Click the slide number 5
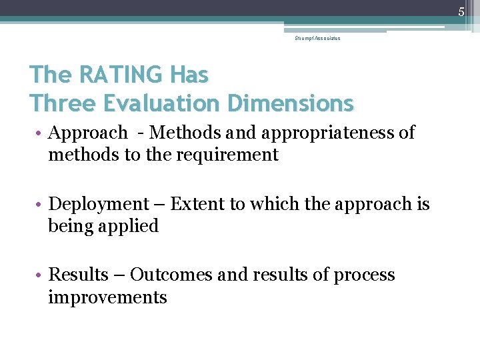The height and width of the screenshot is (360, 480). tap(461, 11)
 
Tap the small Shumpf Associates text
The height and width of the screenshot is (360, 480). tap(317, 39)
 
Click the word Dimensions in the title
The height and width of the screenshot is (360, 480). tap(290, 103)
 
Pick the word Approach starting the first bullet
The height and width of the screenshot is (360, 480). tap(88, 133)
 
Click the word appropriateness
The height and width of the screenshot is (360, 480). tap(327, 133)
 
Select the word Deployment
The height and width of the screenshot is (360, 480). tap(99, 204)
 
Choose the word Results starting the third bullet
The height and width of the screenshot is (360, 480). tap(79, 275)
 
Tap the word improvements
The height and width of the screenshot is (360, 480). tap(107, 297)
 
